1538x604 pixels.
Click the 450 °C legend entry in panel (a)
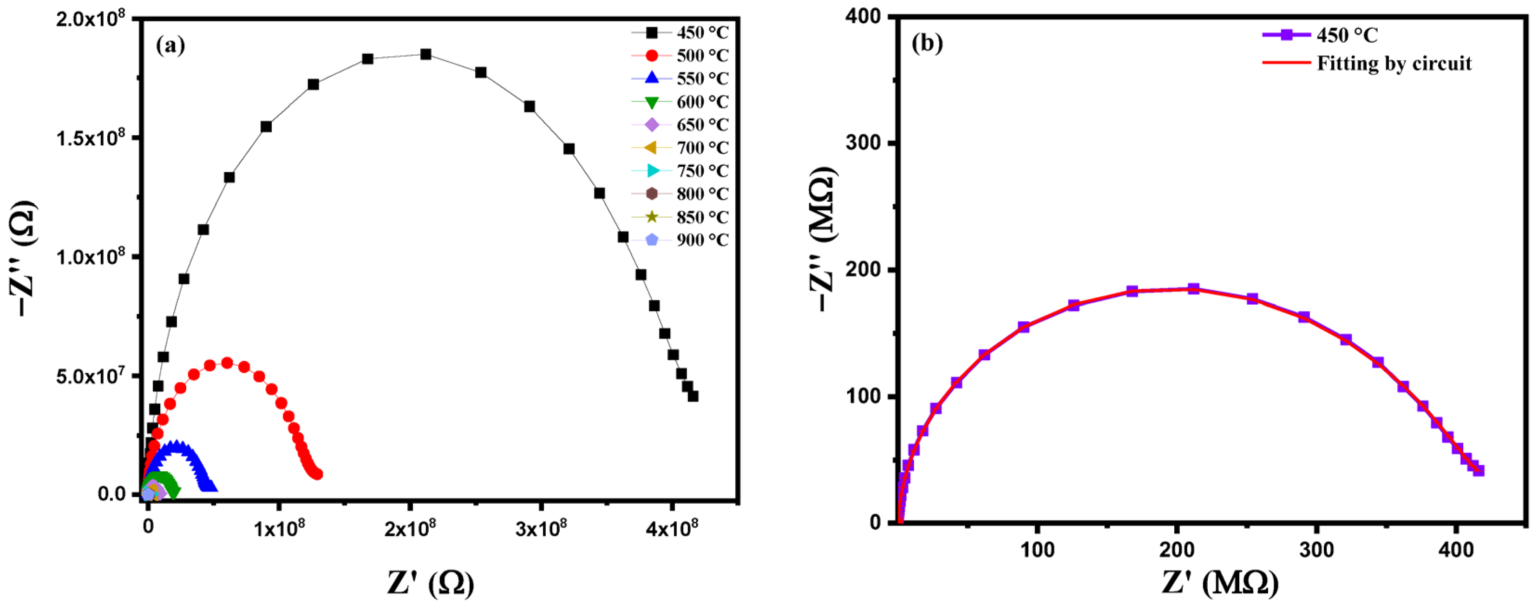pos(681,32)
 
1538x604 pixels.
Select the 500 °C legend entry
pos(681,56)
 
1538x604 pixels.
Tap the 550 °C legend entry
pos(681,78)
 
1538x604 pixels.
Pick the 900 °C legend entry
pos(681,240)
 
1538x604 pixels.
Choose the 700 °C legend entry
pos(681,148)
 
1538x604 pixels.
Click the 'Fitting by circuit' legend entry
pos(1367,63)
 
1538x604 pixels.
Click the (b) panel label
pos(927,43)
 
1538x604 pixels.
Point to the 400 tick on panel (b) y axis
pos(864,17)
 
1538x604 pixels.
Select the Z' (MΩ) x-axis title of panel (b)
pos(1220,582)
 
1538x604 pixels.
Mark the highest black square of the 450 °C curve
pos(425,54)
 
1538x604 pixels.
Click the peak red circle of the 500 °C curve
pos(227,363)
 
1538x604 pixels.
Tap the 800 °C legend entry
pos(681,194)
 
